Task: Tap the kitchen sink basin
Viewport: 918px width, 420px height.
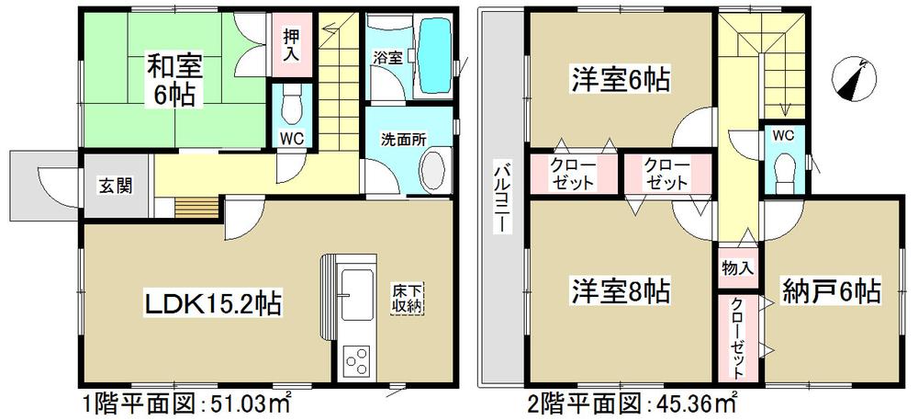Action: tap(353, 289)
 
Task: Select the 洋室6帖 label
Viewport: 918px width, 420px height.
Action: tap(621, 81)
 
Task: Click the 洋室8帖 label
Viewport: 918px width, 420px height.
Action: tap(621, 292)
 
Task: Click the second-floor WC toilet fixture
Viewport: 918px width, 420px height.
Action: tap(784, 169)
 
